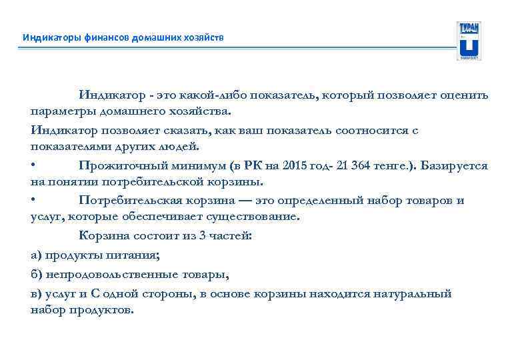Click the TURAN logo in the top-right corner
coord(469,41)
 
